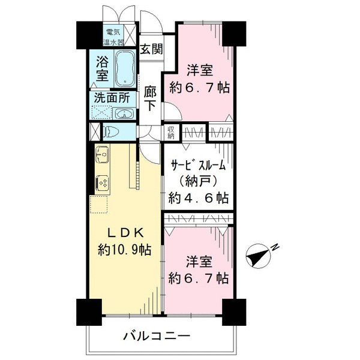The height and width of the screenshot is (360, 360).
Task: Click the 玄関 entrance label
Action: coord(152,49)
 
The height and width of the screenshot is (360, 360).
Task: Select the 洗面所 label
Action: coord(112,98)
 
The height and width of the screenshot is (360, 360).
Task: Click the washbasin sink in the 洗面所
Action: coord(124,113)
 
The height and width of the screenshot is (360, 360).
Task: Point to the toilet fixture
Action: coord(111,132)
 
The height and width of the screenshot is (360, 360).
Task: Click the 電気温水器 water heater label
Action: coord(113,37)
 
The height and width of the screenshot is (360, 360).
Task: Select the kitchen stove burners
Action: coord(103,183)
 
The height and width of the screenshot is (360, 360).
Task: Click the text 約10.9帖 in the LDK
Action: coord(125,250)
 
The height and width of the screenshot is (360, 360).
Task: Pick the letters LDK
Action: coord(126,233)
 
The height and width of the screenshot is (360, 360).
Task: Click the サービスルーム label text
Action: coord(197,165)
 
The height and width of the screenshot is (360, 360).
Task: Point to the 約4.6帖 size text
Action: coord(199,198)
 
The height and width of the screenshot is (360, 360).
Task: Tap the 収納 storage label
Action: coord(171,133)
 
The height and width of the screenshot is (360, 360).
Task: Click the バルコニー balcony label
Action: coord(157,337)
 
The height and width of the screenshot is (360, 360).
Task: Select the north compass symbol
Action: coord(258,256)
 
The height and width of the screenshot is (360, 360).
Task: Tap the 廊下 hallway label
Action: coord(151,98)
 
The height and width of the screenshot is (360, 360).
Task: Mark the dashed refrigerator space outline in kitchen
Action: coord(99,205)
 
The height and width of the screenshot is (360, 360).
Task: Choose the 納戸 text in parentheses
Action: coord(198,182)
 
